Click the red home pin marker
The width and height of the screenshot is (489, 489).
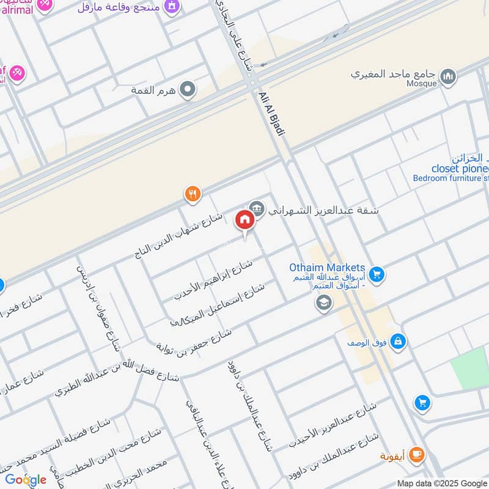[x=244, y=220]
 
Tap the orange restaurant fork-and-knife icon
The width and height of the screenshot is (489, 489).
[x=193, y=194]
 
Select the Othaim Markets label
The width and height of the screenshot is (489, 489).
[x=328, y=268]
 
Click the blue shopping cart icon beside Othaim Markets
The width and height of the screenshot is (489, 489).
[x=376, y=274]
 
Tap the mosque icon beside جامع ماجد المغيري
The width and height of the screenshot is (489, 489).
[x=448, y=76]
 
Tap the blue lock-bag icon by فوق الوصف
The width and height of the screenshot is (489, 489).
[x=398, y=340]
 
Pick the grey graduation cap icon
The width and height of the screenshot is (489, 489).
[x=323, y=302]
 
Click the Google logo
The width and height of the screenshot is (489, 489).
[x=26, y=479]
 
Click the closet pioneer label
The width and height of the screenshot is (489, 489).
[x=460, y=168]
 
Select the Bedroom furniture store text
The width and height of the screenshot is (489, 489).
[x=451, y=178]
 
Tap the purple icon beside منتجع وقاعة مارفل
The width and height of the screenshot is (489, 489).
[x=174, y=6]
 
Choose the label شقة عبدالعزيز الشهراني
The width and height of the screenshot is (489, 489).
[x=324, y=209]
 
